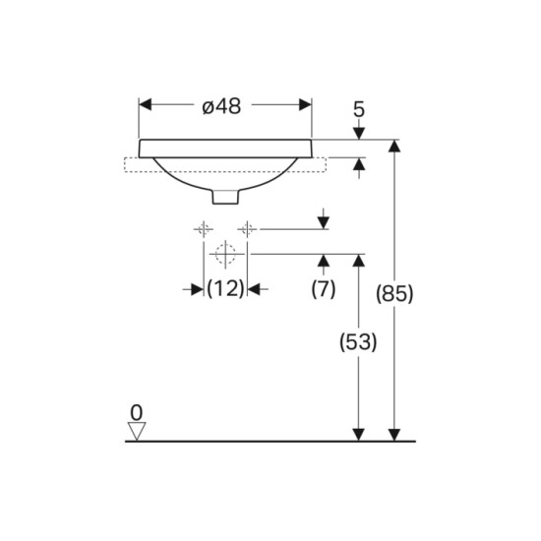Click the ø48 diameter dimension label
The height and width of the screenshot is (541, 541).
tap(221, 106)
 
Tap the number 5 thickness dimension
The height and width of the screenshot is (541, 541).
tap(359, 109)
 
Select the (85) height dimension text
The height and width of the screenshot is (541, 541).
tap(394, 294)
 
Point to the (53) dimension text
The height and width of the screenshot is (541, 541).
tap(358, 342)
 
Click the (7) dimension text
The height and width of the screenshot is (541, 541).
tap(324, 288)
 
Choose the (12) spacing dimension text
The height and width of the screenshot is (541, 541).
tap(225, 288)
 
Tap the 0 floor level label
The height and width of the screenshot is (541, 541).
tap(137, 412)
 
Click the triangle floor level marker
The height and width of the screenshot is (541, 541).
tap(137, 431)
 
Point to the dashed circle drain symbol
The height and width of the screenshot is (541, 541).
tap(225, 254)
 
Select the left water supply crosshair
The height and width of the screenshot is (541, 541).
tap(204, 229)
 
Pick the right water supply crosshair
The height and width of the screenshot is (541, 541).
tap(247, 229)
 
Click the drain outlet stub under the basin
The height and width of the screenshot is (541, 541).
tap(225, 197)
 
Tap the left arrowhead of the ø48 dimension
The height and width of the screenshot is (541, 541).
tap(145, 104)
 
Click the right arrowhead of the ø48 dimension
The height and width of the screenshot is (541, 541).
tap(306, 104)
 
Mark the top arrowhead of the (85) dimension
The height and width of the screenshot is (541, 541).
tap(394, 146)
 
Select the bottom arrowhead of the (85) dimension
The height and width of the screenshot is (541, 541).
tap(394, 435)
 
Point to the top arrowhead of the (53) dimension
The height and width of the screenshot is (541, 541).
tap(359, 261)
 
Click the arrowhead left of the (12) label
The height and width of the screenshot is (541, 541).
tap(197, 289)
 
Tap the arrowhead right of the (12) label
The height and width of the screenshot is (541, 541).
tap(254, 289)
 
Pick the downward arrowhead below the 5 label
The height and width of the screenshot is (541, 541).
tap(359, 134)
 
